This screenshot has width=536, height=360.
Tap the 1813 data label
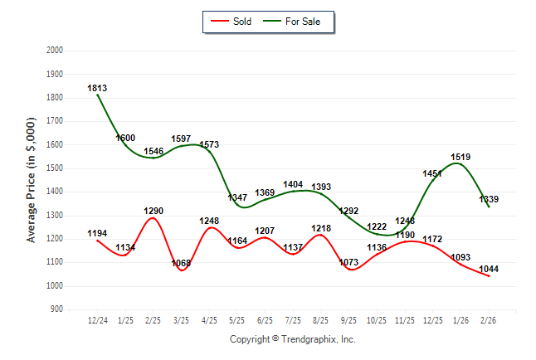tap(98, 88)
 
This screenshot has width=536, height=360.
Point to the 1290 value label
tap(153, 212)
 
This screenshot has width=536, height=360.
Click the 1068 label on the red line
tap(182, 264)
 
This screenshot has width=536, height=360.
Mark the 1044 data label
tap(490, 270)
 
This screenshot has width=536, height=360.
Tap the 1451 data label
tap(433, 174)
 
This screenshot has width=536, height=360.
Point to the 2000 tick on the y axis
tap(55, 51)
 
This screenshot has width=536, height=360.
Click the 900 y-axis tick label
tap(57, 309)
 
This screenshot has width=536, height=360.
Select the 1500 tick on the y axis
tap(55, 168)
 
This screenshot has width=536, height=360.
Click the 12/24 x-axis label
tap(98, 321)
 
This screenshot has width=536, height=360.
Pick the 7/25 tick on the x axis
tap(294, 321)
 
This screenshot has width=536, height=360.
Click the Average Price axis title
tap(32, 179)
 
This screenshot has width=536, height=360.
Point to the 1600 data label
tap(125, 138)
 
